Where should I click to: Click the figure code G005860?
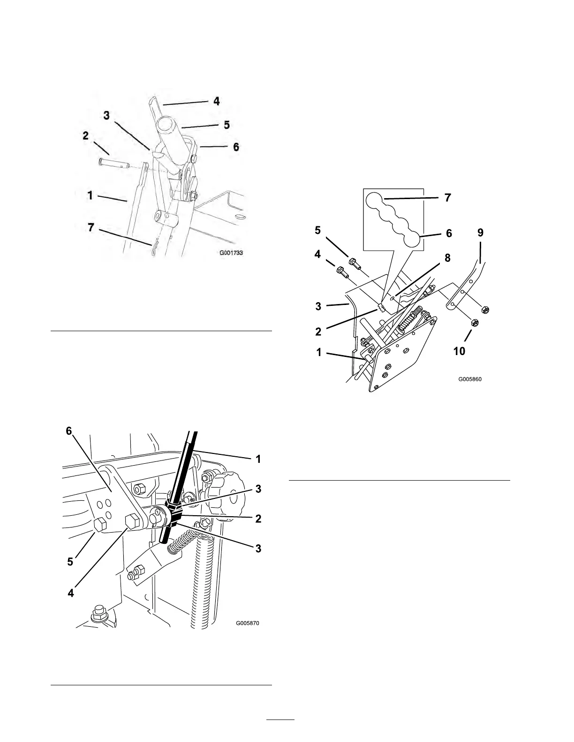[469, 380]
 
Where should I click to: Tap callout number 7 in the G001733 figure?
[91, 227]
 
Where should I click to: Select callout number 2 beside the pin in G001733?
[85, 136]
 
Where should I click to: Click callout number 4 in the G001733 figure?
[216, 101]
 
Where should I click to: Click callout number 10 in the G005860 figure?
[460, 350]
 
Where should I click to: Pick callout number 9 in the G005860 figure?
[480, 233]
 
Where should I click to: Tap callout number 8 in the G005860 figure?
[447, 258]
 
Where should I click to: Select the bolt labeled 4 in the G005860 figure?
[341, 272]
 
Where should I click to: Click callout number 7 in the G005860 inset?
[447, 198]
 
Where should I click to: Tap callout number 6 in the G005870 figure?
[69, 431]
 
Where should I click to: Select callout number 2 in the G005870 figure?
[257, 519]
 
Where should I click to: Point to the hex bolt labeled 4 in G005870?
[131, 521]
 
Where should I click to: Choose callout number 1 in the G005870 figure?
[257, 459]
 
